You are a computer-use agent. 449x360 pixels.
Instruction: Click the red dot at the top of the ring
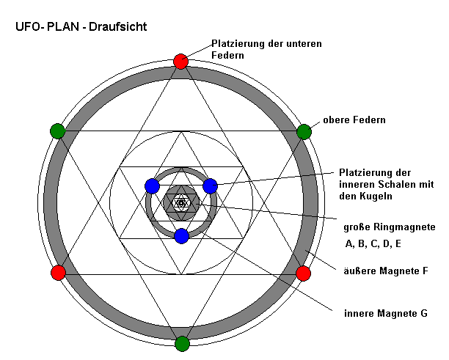181,62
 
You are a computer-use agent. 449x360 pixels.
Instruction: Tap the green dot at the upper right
304,132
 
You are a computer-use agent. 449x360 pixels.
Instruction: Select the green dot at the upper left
58,132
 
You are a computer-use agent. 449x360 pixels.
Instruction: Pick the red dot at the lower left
58,273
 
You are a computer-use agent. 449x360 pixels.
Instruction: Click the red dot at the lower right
303,273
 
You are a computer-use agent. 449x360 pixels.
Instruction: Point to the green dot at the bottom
182,343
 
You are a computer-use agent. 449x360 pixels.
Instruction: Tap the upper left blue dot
152,185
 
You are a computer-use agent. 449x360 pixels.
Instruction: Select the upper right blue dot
210,185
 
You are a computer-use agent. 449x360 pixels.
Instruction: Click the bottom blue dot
182,236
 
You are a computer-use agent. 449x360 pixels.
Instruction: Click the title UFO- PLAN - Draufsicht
81,27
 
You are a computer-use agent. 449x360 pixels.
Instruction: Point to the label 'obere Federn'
354,120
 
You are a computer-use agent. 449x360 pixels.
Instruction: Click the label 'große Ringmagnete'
390,227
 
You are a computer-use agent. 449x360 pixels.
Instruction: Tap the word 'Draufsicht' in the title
120,27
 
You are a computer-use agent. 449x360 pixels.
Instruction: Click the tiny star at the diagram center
181,202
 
